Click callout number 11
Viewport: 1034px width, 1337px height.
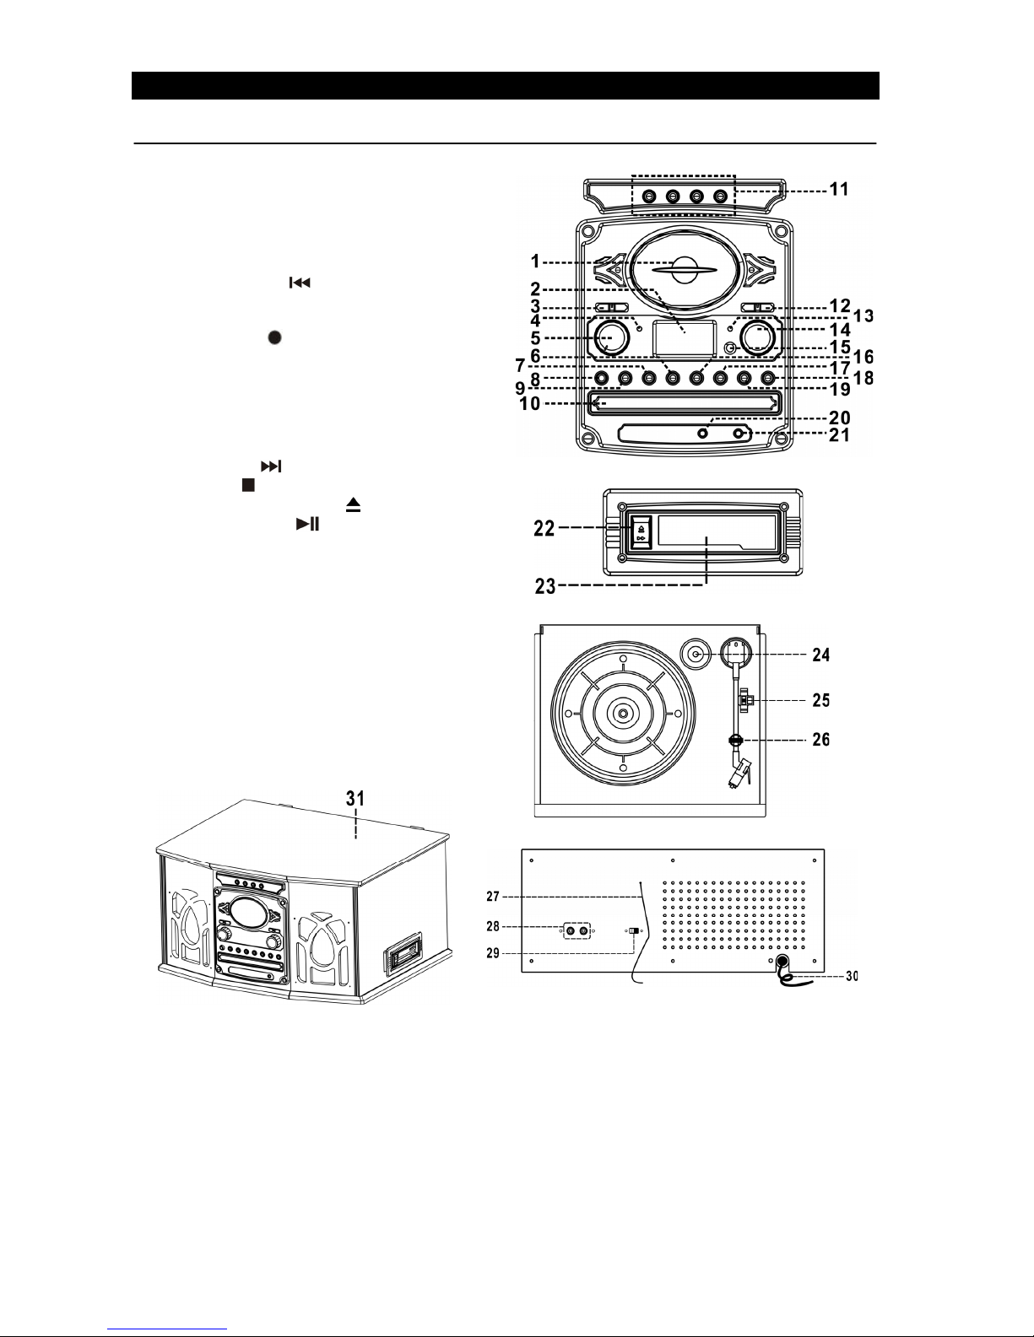pos(839,189)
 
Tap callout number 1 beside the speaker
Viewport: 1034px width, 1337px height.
pos(535,261)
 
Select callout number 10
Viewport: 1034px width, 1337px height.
pos(530,403)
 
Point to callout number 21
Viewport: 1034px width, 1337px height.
pos(839,435)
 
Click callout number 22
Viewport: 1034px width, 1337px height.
pos(544,528)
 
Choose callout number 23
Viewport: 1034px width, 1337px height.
pos(545,585)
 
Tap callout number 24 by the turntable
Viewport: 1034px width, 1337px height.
pos(821,655)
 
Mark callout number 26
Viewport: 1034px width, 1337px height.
pos(821,739)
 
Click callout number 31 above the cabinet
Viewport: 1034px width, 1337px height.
pos(355,799)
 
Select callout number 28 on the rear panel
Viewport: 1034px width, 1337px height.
pos(493,926)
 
